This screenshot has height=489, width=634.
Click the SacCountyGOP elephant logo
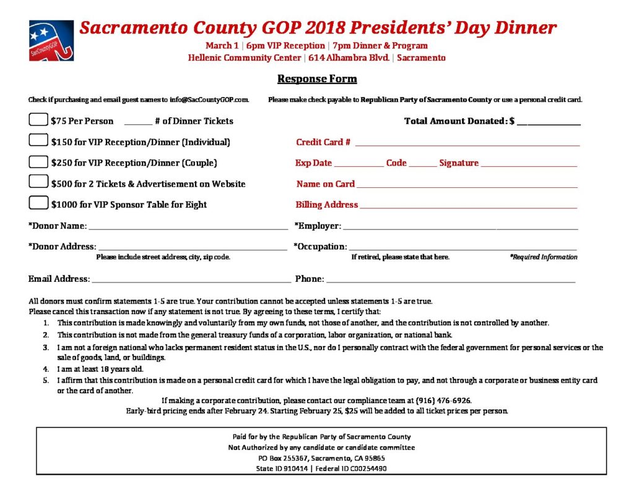pyautogui.click(x=51, y=40)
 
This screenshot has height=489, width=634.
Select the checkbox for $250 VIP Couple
pyautogui.click(x=38, y=162)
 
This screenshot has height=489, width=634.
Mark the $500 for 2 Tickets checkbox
pyautogui.click(x=38, y=182)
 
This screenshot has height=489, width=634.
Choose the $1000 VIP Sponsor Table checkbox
pyautogui.click(x=38, y=203)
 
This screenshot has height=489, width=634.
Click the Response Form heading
pyautogui.click(x=317, y=79)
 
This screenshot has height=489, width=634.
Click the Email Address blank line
pyautogui.click(x=191, y=281)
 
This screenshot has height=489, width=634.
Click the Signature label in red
pyautogui.click(x=459, y=163)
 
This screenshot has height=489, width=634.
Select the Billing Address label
pyautogui.click(x=327, y=205)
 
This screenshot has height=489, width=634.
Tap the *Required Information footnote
pyautogui.click(x=544, y=257)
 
